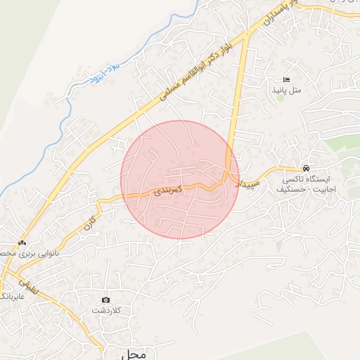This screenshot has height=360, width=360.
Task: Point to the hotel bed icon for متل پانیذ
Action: [285, 79]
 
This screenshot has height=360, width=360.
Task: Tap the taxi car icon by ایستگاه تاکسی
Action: [306, 169]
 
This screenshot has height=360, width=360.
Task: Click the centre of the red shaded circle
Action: [180, 179]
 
